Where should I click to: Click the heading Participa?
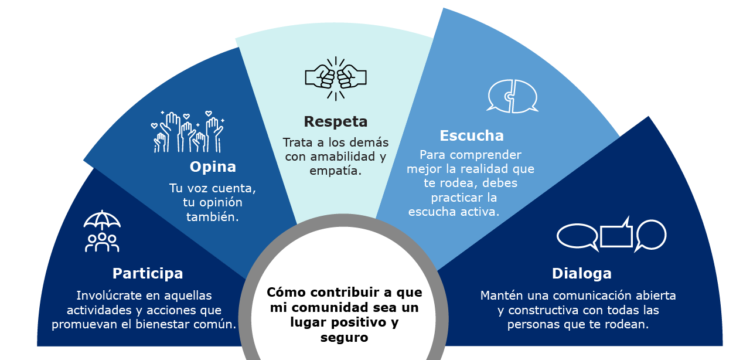coord(148,274)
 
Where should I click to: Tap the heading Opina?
coord(213,167)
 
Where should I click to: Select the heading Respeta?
coord(336,122)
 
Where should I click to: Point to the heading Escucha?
coord(472,135)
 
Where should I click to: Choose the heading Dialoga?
coord(582,274)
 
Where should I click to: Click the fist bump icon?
coord(336,79)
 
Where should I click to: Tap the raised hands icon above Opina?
coord(188,132)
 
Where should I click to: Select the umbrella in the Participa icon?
coord(102,219)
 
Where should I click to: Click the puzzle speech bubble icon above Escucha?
coord(513,96)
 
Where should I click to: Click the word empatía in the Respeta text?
coord(335,171)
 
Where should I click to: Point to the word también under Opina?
coord(213,217)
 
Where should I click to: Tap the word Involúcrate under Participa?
coord(111,296)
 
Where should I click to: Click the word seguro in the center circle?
coord(345,338)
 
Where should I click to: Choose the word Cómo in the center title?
coord(287,293)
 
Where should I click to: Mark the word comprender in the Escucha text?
coord(486,155)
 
